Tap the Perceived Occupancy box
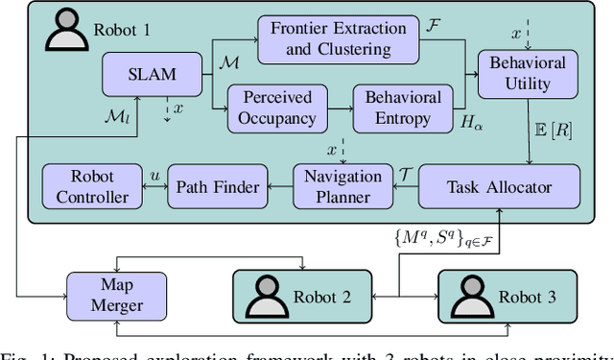pos(277,107)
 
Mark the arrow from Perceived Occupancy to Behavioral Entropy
pos(340,107)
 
